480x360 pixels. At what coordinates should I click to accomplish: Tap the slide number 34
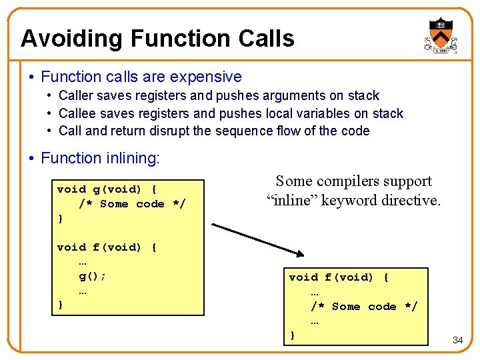pyautogui.click(x=457, y=340)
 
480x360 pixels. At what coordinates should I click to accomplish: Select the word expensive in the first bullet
pyautogui.click(x=207, y=77)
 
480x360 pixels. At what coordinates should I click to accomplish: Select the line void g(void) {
pyautogui.click(x=107, y=189)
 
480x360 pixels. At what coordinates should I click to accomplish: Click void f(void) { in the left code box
pyautogui.click(x=107, y=247)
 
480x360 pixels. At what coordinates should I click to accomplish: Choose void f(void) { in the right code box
pyautogui.click(x=339, y=277)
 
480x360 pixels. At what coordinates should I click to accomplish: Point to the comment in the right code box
pyautogui.click(x=364, y=307)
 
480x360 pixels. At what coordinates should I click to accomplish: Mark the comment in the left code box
pyautogui.click(x=132, y=204)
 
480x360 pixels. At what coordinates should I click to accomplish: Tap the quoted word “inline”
pyautogui.click(x=292, y=199)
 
